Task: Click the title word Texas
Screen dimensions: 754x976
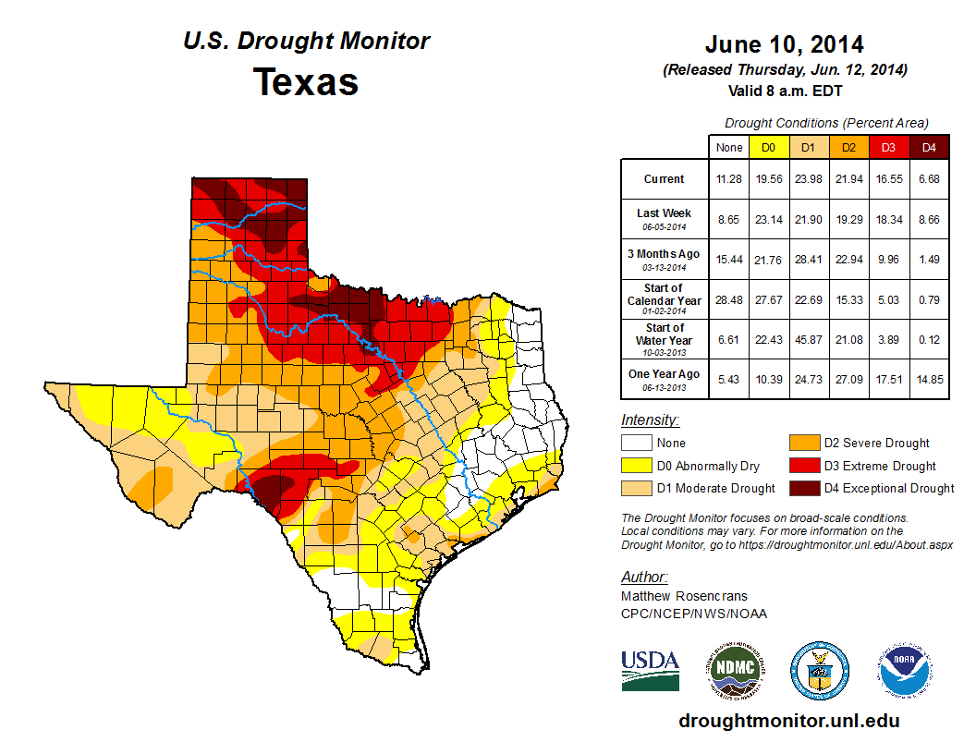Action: point(306,81)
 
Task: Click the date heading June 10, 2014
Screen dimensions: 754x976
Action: point(784,44)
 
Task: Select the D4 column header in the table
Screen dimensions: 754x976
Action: point(929,147)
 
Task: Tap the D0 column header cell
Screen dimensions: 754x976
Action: point(768,147)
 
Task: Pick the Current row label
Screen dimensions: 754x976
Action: point(665,179)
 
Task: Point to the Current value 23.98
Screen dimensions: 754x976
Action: point(808,179)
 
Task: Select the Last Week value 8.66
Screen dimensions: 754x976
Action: point(929,219)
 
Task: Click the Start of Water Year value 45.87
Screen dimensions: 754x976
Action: point(808,339)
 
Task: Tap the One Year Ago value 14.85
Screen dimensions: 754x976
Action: point(929,379)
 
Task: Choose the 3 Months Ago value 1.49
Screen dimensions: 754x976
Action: point(929,260)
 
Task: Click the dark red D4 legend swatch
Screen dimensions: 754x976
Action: point(801,488)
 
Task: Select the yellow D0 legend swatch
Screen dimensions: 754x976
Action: point(636,466)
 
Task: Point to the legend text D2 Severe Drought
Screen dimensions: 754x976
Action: point(876,444)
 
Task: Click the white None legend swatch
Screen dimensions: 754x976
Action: point(636,444)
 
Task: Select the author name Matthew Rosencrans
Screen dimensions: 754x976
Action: point(685,596)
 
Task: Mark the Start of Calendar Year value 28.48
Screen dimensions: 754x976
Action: point(728,299)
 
